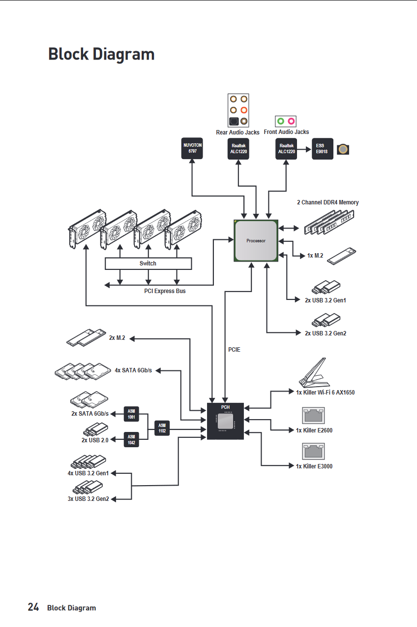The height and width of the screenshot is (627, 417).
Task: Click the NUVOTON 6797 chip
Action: point(192,148)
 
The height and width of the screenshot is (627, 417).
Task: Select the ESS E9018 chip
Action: point(322,148)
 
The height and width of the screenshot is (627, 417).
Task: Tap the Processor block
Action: point(256,241)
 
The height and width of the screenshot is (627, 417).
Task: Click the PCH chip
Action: point(225,421)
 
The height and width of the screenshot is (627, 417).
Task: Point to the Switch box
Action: point(148,264)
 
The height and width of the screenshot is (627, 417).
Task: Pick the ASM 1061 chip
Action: point(131,414)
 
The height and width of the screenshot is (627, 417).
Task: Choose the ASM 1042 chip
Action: point(131,439)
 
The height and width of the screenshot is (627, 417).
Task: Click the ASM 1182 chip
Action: point(162,428)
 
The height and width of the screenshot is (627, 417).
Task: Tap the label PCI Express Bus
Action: point(165,291)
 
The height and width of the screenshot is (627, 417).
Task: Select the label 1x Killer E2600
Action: point(314,430)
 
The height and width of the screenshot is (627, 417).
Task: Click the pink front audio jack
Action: point(291,121)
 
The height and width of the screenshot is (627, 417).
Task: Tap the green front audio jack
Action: point(280,121)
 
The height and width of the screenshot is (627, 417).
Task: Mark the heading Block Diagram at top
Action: point(101,54)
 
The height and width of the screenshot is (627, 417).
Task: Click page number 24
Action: point(33,607)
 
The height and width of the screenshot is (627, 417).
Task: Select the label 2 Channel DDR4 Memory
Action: point(328,202)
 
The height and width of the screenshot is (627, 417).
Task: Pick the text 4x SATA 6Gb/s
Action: point(133,370)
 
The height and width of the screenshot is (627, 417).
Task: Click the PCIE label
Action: point(234,350)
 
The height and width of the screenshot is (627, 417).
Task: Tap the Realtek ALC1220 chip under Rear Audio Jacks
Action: point(238,148)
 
